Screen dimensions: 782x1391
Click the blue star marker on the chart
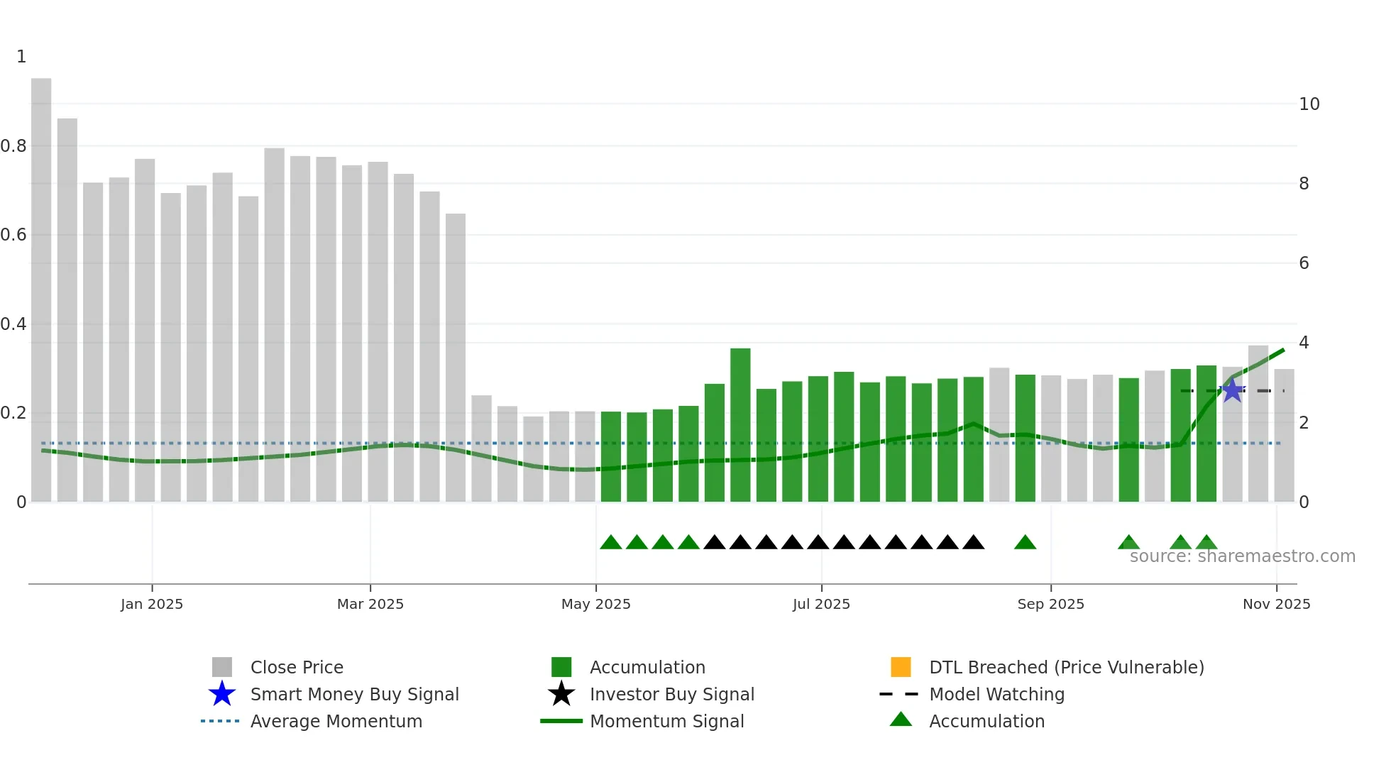pyautogui.click(x=1233, y=390)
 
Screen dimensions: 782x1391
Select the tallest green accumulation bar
pyautogui.click(x=740, y=426)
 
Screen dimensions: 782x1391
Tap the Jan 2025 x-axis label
pyautogui.click(x=152, y=604)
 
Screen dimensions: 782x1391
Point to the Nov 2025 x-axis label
pyautogui.click(x=1276, y=604)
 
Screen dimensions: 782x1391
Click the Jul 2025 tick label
pyautogui.click(x=821, y=604)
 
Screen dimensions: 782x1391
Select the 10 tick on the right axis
pyautogui.click(x=1309, y=104)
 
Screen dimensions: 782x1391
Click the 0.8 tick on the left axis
pyautogui.click(x=14, y=146)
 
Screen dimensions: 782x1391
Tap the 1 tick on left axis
pyautogui.click(x=21, y=57)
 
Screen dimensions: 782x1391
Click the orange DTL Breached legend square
pyautogui.click(x=901, y=667)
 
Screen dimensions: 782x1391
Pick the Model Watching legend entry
pyautogui.click(x=996, y=694)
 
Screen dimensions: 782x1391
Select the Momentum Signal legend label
pyautogui.click(x=666, y=721)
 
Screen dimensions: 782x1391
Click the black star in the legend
pyautogui.click(x=561, y=694)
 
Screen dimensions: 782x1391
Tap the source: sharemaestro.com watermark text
pyautogui.click(x=1242, y=556)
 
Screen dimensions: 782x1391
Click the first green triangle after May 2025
pyautogui.click(x=611, y=543)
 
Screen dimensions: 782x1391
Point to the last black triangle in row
pyautogui.click(x=974, y=543)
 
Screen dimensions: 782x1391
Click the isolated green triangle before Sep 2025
pyautogui.click(x=1025, y=543)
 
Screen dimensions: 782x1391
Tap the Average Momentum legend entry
pyautogui.click(x=336, y=721)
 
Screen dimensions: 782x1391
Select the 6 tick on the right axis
pyautogui.click(x=1304, y=263)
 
